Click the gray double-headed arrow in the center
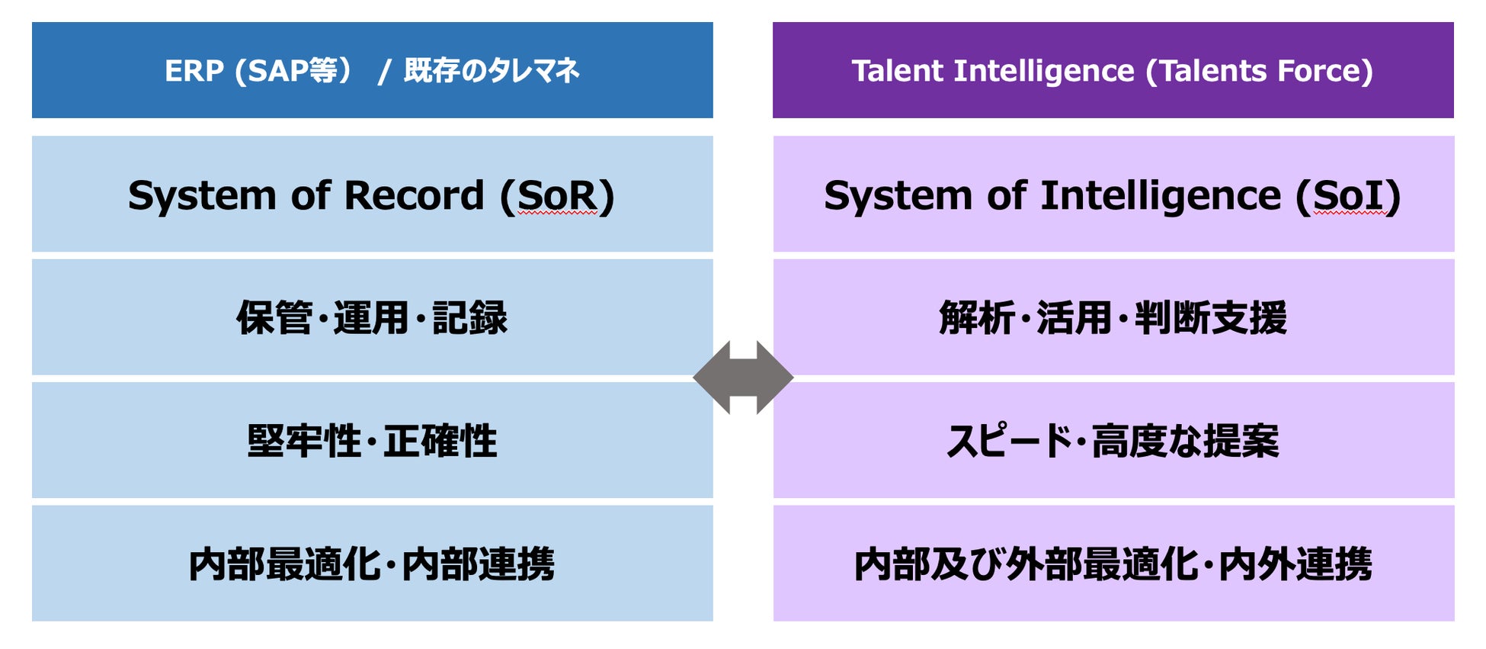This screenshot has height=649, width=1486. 743,378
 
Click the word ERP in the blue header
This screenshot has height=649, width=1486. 194,71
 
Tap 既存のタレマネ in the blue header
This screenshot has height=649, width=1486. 492,71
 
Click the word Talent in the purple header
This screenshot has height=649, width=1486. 897,71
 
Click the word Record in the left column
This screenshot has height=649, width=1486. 414,196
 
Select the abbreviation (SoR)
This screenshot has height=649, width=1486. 557,196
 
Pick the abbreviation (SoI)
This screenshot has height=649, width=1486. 1348,196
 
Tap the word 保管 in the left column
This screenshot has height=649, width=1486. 274,318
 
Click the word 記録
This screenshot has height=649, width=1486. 469,318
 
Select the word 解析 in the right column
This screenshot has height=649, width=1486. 976,318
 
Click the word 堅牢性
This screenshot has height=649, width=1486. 304,442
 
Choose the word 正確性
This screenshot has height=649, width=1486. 440,442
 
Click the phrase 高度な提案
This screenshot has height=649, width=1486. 1185,442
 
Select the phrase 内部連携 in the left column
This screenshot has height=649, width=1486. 478,565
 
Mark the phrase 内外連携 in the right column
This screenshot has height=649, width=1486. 1295,565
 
